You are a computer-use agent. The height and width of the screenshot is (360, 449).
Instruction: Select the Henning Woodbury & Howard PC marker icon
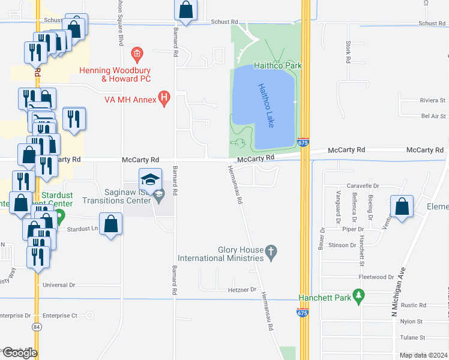tap(137, 55)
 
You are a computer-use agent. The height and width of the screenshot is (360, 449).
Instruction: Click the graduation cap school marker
tap(151, 179)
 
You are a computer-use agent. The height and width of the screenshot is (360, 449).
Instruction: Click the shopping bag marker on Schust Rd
tap(186, 10)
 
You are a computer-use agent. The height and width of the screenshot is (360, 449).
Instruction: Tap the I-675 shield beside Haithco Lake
tap(303, 143)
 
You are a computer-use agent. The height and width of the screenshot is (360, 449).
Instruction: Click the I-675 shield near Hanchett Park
tap(303, 312)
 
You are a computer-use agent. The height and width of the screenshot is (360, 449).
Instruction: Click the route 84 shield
tap(37, 327)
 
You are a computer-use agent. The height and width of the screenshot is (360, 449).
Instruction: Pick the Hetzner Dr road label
tap(243, 290)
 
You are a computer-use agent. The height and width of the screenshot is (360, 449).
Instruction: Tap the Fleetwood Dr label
tap(376, 277)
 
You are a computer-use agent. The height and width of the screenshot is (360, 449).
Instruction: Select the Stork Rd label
tap(348, 52)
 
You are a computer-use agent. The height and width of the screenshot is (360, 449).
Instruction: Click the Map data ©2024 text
tap(423, 355)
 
